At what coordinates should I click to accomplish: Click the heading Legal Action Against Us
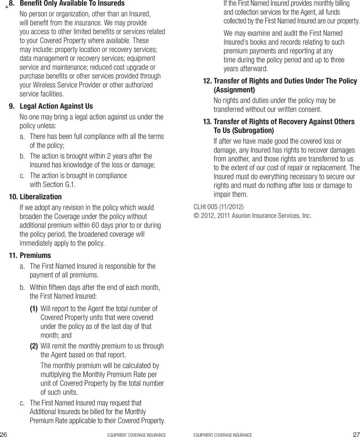56,106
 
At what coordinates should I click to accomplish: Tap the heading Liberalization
40,197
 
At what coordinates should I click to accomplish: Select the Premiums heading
35,255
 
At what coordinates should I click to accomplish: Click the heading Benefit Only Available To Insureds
72,3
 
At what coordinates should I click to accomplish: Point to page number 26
4,434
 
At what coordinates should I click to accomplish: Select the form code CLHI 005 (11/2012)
219,207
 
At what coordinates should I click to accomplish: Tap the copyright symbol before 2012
196,216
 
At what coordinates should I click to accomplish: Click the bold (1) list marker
34,309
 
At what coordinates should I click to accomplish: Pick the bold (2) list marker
34,346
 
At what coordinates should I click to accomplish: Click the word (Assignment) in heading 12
234,90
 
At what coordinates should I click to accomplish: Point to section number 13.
207,122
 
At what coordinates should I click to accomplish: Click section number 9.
12,106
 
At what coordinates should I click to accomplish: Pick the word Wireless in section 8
44,85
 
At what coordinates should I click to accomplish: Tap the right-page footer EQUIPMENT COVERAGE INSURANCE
223,435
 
